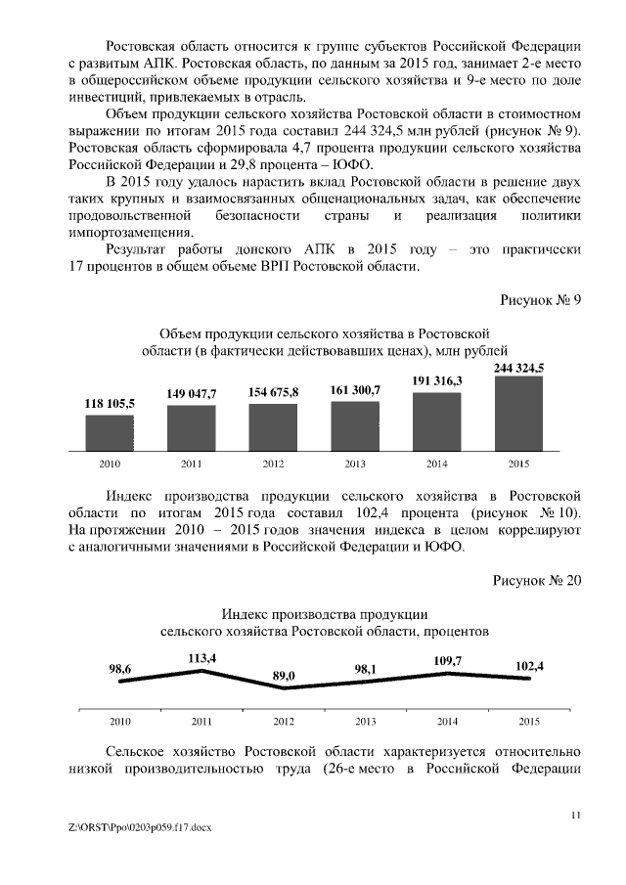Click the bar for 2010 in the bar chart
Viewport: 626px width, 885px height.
110,433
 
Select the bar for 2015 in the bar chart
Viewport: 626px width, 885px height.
518,414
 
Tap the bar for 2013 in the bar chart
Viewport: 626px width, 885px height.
355,426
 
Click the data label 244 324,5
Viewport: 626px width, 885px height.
518,368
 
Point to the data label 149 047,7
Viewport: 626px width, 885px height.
191,393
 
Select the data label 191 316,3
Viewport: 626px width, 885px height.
436,380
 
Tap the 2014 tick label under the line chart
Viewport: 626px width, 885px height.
447,722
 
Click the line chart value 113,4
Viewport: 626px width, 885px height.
201,658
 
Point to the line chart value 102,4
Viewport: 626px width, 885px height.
529,666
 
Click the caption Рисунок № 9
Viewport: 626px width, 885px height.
541,300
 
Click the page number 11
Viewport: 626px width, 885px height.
575,813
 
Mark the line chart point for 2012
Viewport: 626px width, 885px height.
284,687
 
